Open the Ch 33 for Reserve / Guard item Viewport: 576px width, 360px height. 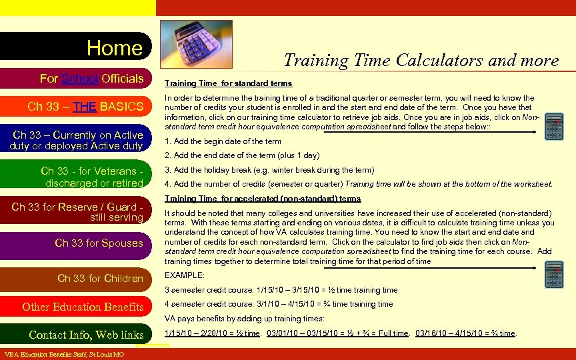[77, 212]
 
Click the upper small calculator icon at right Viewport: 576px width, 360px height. [554, 126]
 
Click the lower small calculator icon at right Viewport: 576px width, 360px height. [554, 274]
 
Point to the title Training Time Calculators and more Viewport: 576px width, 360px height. [421, 60]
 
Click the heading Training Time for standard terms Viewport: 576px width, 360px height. [228, 83]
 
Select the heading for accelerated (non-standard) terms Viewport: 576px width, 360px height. [263, 199]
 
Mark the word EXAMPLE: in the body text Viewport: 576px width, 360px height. [184, 275]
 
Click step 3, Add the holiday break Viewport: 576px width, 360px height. [269, 170]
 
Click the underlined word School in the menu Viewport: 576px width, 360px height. [80, 79]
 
